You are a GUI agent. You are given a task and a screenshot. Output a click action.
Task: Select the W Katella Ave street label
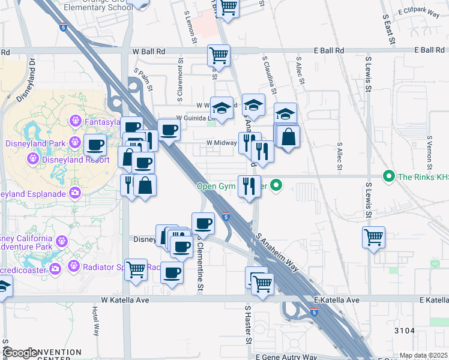125,299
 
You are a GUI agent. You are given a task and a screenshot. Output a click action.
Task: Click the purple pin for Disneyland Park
75,142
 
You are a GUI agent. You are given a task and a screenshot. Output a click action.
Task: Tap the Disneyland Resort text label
74,159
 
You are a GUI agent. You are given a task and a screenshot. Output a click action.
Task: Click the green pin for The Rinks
388,176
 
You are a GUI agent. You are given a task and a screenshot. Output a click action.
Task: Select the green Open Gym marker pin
276,185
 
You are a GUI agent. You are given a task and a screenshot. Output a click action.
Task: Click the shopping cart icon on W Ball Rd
218,55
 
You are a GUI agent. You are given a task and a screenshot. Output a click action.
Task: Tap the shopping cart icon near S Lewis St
373,236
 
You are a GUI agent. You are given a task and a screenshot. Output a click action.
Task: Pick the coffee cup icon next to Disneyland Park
95,144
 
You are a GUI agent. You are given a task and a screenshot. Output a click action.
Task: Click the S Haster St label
247,324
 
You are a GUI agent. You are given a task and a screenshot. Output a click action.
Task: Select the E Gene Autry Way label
286,357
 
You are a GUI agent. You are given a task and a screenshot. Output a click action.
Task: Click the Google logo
20,353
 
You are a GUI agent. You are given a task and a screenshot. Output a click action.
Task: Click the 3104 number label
404,331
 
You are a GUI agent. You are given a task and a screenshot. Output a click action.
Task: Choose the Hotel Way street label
96,322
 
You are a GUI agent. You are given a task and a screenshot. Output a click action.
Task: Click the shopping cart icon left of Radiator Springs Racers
136,269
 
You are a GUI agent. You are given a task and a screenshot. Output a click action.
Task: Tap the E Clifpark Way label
420,11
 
